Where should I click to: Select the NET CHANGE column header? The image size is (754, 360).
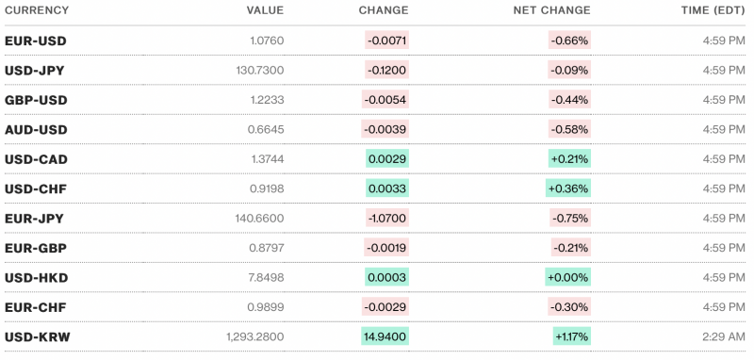point(551,10)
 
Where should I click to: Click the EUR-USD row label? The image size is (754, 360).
point(36,41)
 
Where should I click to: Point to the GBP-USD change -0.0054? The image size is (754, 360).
point(385,100)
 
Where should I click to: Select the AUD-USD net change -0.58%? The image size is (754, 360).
point(569,129)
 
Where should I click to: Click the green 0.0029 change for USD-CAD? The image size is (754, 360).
point(387,159)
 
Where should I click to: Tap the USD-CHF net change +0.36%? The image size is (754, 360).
point(568,188)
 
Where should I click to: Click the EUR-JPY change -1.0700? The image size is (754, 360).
point(386,218)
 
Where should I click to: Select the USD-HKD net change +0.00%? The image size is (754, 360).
point(568,277)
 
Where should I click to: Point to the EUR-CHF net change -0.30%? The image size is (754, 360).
point(569,306)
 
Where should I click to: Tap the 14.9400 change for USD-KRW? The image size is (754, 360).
point(385,336)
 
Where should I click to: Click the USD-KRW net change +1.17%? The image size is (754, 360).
point(571,336)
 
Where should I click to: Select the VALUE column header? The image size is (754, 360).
point(265,10)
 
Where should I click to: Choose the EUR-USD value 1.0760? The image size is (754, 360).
point(264,41)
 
